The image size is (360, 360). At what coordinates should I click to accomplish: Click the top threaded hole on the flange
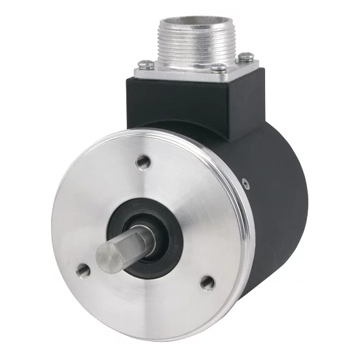coord(143,161)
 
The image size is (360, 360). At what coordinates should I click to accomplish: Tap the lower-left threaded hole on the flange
coord(83,268)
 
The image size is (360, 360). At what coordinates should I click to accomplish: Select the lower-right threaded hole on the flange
coord(207,283)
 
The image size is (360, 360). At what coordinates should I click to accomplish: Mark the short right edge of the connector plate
coord(250,68)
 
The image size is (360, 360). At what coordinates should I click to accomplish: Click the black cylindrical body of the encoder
coord(275,196)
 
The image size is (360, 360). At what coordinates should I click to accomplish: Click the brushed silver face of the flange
coord(196,196)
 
